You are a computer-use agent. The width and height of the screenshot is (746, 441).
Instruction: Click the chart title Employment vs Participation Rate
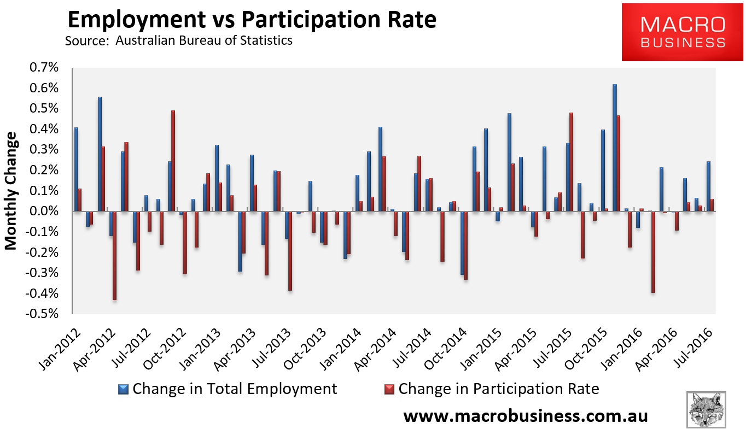252,20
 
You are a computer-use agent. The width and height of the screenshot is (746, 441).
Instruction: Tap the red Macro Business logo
683,32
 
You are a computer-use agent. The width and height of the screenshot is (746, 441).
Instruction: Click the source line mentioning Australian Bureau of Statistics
178,41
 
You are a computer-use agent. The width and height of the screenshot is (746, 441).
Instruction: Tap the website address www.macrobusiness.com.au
525,416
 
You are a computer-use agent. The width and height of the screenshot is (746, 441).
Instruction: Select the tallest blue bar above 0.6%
615,148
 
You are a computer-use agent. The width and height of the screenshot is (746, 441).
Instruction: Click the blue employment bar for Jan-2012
76,169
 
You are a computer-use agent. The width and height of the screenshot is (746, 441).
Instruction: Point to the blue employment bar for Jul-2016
708,186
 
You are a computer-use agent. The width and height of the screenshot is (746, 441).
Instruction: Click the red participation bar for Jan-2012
80,200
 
